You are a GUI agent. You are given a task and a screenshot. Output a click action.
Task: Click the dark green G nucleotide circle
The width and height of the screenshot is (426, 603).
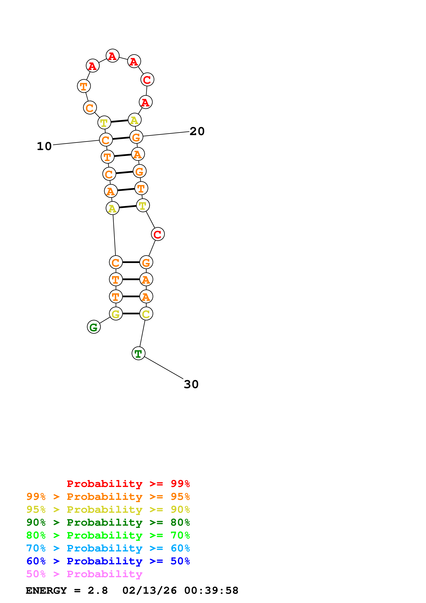[x=94, y=327]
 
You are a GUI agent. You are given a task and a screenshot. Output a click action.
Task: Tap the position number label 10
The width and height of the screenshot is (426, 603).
[x=44, y=146]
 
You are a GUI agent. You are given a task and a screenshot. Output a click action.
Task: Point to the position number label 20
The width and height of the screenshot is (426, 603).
[x=197, y=131]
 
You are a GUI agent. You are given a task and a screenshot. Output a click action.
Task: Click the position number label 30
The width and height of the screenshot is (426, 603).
[x=191, y=384]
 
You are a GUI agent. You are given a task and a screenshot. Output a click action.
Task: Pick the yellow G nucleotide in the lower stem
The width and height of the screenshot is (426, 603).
[x=116, y=314]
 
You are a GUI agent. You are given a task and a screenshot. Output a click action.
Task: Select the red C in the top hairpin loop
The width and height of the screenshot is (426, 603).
[x=147, y=79]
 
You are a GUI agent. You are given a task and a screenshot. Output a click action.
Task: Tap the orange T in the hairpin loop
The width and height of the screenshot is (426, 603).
[x=84, y=86]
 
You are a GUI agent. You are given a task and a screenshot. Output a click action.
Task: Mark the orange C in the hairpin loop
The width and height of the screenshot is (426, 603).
[x=90, y=108]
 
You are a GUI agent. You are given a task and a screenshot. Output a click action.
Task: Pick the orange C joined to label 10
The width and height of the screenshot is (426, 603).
[x=106, y=140]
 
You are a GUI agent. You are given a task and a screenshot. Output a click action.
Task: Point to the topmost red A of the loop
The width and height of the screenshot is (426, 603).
[x=113, y=56]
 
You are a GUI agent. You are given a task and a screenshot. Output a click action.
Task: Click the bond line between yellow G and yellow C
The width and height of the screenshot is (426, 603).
[x=131, y=314]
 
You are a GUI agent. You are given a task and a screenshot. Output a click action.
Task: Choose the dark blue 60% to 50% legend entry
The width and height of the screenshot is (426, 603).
[x=108, y=561]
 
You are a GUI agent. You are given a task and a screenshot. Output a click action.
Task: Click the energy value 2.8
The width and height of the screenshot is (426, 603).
[x=98, y=590]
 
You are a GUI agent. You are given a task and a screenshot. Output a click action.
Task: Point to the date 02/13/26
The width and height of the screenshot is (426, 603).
[x=149, y=590]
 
